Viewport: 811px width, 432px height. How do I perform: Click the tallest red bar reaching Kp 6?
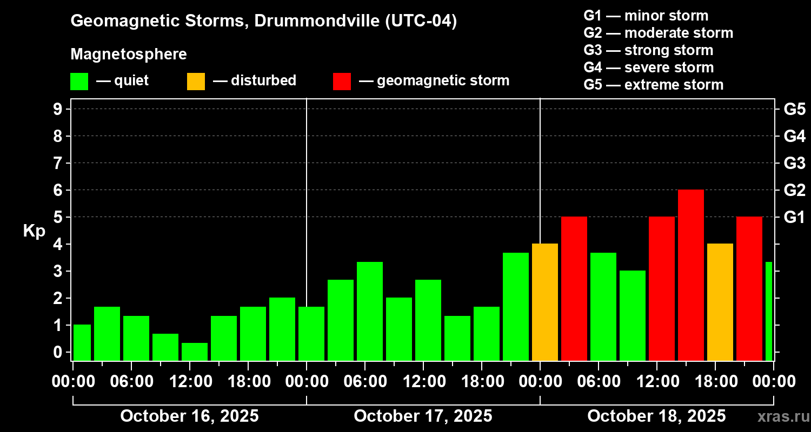[x=690, y=275]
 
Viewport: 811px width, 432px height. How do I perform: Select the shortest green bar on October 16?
[x=195, y=352]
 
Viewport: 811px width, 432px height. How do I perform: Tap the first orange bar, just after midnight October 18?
[x=544, y=302]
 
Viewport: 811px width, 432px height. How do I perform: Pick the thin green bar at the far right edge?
[x=769, y=311]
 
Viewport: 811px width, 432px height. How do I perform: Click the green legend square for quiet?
[x=79, y=81]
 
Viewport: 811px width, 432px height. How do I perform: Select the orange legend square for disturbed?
[x=196, y=81]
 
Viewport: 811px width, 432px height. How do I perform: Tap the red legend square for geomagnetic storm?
[x=342, y=81]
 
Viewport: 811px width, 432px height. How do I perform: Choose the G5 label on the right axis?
[x=794, y=109]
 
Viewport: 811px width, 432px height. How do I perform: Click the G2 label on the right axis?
[x=794, y=190]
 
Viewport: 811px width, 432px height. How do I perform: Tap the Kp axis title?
[x=34, y=231]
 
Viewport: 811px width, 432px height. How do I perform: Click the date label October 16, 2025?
[x=189, y=416]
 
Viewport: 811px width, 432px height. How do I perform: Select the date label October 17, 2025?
[x=423, y=416]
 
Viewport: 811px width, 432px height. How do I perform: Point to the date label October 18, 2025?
[x=656, y=416]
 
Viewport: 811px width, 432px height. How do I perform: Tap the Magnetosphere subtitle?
[x=129, y=55]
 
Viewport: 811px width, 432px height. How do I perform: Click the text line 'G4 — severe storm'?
[x=648, y=67]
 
